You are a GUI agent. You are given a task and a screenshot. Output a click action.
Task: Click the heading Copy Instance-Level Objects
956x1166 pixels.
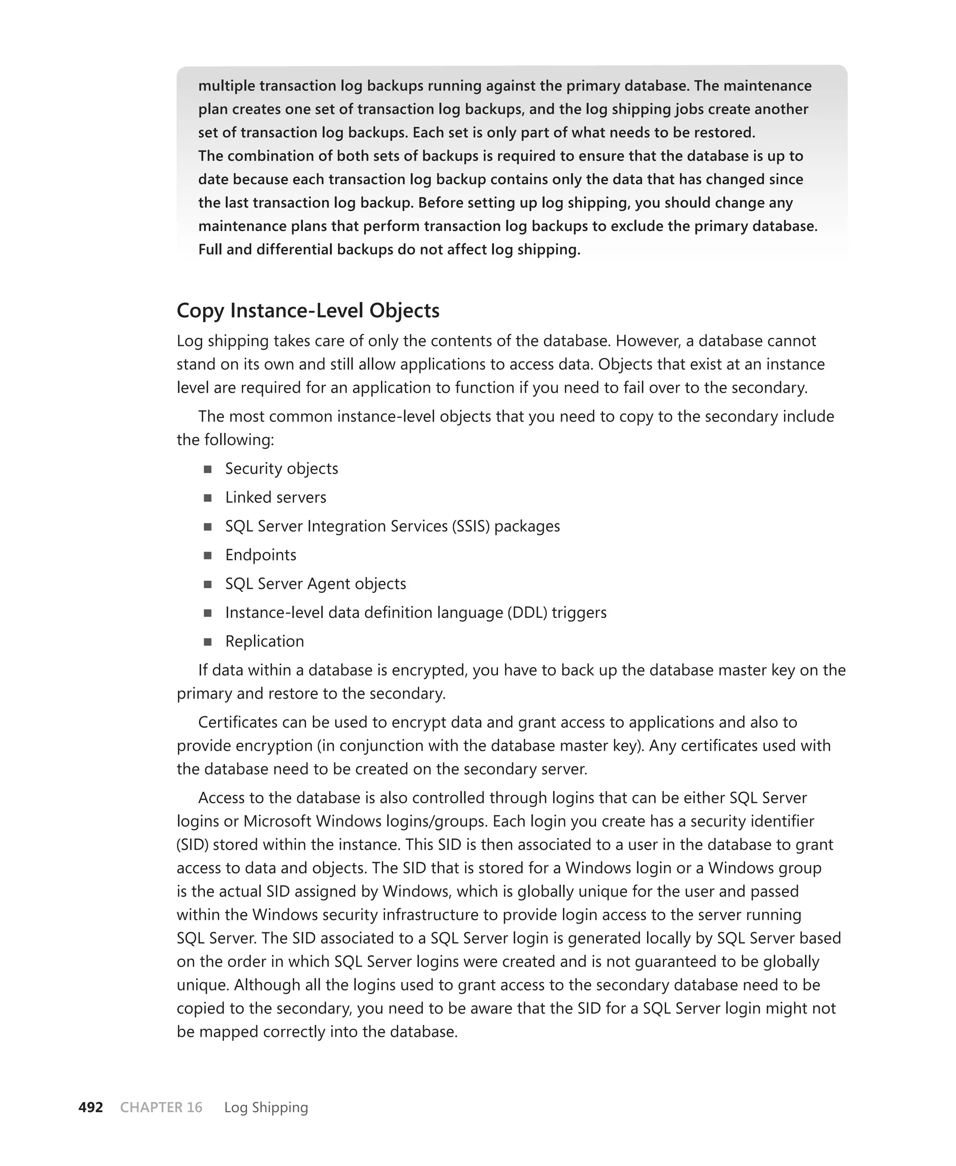pos(308,310)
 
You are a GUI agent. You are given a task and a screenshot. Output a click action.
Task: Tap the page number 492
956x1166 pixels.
pos(91,1107)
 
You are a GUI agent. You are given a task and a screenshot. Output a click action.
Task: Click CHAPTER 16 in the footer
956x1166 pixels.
pos(162,1107)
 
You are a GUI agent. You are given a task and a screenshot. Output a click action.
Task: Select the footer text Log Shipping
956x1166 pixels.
pos(266,1107)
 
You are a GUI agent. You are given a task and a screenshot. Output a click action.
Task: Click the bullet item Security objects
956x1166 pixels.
pos(281,469)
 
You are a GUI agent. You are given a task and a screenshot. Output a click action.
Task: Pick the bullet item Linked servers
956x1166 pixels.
pos(275,497)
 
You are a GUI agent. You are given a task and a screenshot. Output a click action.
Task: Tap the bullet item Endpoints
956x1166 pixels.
pos(260,555)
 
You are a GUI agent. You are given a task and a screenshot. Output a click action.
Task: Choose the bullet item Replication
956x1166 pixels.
pos(264,641)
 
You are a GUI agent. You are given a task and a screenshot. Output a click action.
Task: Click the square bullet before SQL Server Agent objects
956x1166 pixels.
pos(208,584)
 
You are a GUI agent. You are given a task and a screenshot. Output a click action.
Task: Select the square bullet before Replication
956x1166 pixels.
pos(208,642)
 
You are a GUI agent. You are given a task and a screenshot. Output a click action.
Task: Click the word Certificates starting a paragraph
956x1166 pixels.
pos(237,722)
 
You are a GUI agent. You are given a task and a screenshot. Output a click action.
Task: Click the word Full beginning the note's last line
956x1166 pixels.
pos(210,249)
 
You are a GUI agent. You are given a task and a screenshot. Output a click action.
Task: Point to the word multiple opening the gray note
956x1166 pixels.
pos(226,86)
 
